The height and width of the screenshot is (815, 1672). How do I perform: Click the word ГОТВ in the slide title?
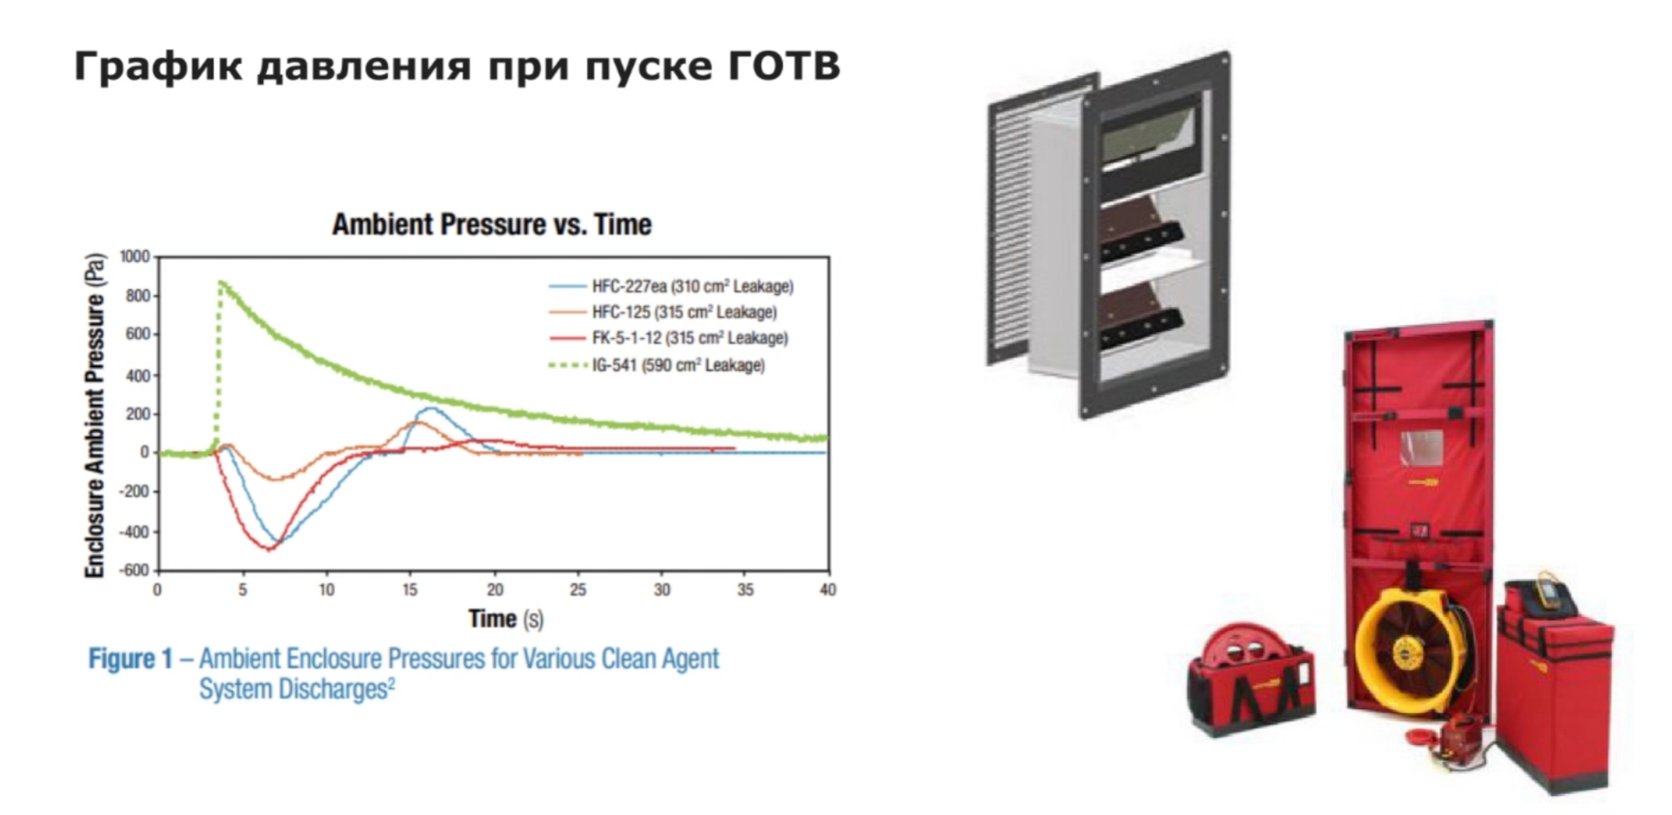[x=782, y=66]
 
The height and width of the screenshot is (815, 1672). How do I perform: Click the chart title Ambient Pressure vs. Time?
[x=492, y=224]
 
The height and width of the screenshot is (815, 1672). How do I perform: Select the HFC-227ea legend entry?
[x=671, y=286]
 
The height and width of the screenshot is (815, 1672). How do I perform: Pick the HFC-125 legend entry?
[x=663, y=312]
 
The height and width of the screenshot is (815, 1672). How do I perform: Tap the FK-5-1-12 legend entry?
[x=668, y=338]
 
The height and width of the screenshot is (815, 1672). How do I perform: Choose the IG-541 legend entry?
[x=656, y=365]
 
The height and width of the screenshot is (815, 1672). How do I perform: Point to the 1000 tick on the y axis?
[x=135, y=257]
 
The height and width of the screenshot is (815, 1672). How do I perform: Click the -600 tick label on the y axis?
[x=134, y=570]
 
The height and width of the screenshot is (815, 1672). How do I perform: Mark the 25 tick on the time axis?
[x=578, y=590]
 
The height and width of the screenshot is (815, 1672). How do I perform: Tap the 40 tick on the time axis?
[x=828, y=590]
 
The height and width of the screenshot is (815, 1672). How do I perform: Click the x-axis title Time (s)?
[x=506, y=618]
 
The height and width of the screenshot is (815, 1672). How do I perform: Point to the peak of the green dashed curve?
[x=221, y=282]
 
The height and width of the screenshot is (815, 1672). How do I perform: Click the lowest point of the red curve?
[x=270, y=549]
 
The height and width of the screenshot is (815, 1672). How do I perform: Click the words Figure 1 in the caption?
[x=131, y=658]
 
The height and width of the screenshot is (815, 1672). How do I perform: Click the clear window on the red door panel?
[x=1421, y=448]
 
